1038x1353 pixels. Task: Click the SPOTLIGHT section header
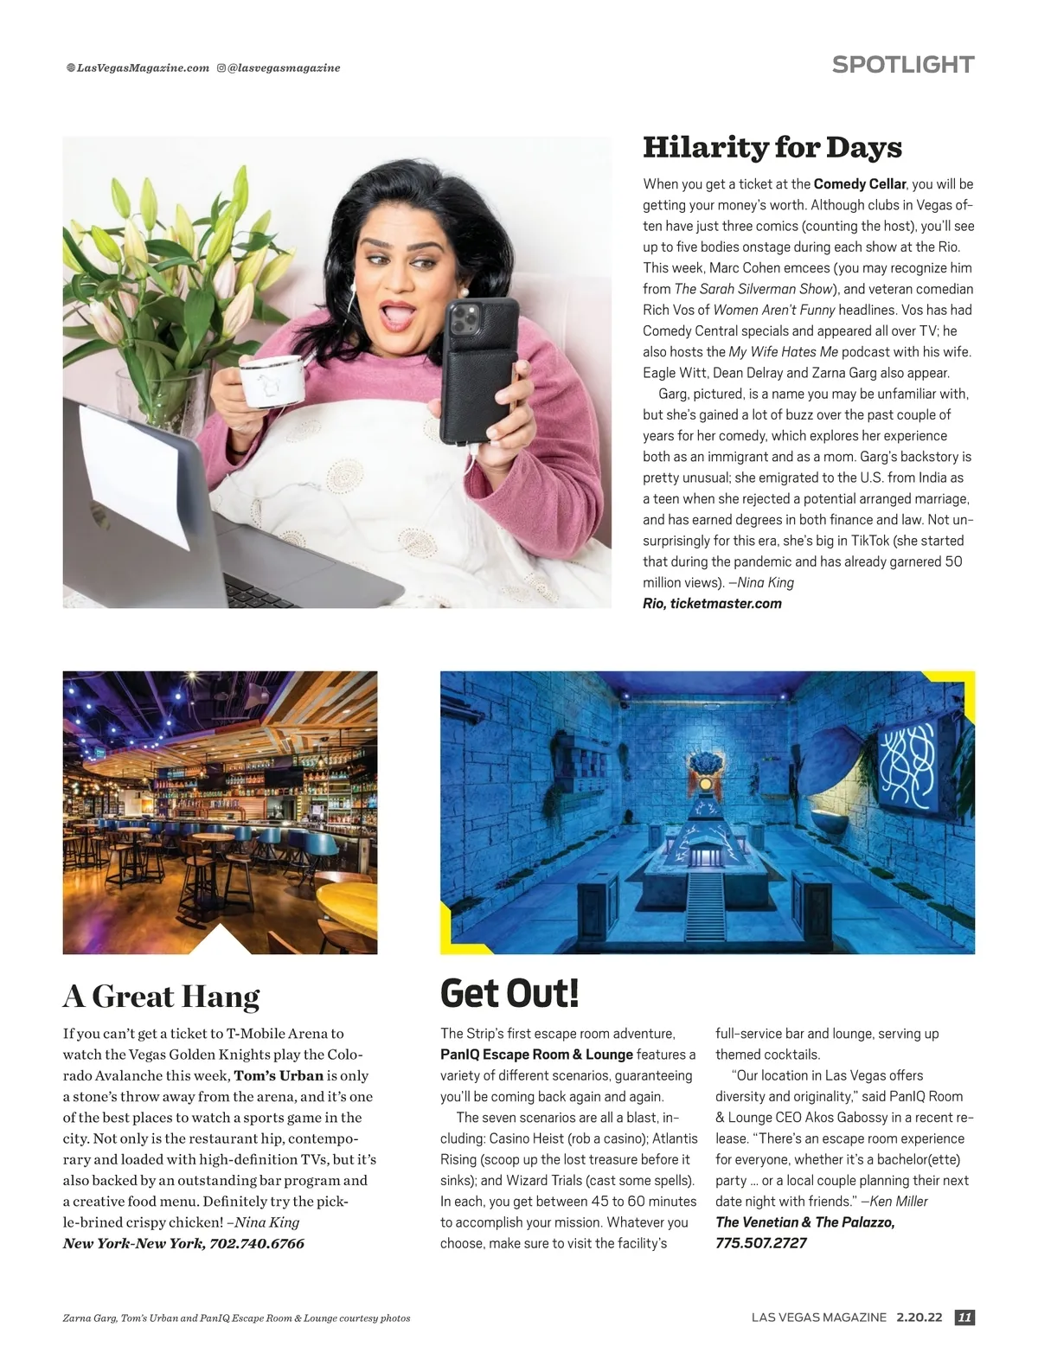[902, 65]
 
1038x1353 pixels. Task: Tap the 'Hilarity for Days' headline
[772, 147]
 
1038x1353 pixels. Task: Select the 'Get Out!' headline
[509, 992]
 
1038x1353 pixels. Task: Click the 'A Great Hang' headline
[161, 997]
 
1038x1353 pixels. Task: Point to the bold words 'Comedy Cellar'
[859, 184]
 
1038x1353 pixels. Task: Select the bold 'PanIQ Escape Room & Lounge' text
[536, 1055]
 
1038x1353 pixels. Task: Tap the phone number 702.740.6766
[257, 1243]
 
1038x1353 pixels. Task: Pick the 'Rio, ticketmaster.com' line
[712, 604]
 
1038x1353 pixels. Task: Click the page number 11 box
[964, 1318]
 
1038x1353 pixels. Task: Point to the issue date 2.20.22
[919, 1318]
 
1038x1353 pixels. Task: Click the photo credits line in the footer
[236, 1318]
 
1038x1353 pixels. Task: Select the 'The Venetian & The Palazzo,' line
[804, 1222]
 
